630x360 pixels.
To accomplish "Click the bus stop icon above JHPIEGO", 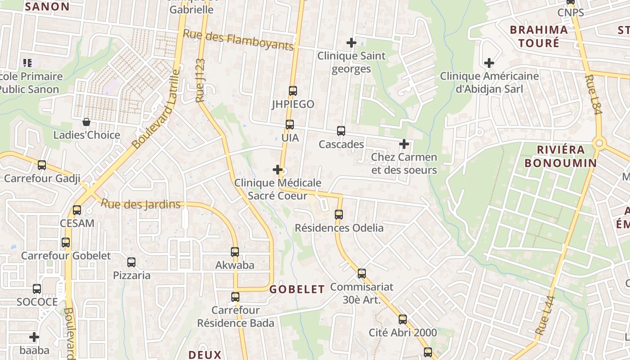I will [293, 90].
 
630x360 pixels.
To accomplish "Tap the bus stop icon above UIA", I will [290, 124].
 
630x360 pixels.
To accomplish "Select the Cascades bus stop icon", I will [341, 131].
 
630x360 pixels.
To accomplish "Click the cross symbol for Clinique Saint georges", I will [351, 43].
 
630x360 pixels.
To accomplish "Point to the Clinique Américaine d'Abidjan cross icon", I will [489, 63].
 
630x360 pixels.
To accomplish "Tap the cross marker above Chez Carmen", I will [404, 144].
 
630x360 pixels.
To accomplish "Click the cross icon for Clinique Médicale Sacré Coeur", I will [278, 170].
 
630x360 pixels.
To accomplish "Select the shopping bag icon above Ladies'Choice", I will [86, 122].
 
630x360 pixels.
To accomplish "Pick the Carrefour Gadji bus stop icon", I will [42, 165].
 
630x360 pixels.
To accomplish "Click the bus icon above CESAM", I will [77, 210].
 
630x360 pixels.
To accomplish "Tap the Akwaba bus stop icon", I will [235, 252].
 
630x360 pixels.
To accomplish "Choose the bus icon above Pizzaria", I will [131, 262].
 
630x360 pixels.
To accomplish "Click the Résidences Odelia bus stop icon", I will [339, 215].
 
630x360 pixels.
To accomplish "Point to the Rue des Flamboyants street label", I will [238, 40].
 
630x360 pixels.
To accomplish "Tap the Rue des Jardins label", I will [140, 204].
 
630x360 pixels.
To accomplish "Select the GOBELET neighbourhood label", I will [297, 289].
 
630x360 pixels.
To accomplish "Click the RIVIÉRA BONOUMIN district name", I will [561, 156].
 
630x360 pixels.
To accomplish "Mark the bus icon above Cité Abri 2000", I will [403, 319].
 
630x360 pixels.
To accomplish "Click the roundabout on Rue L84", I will [598, 144].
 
